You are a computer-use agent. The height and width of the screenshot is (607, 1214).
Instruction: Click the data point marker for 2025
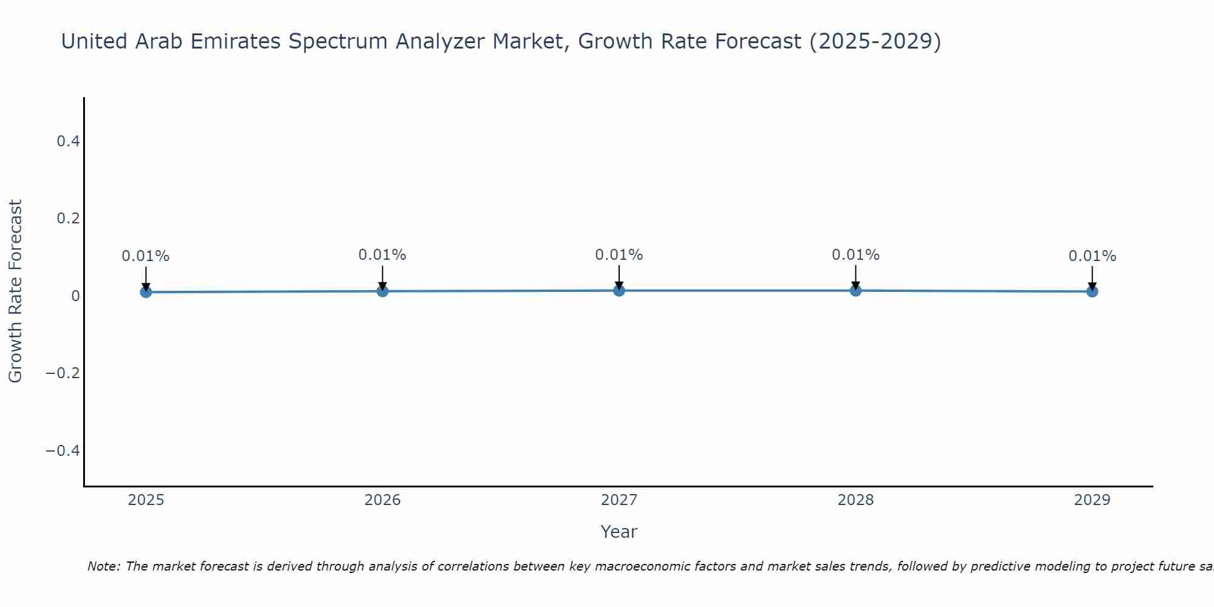coord(146,292)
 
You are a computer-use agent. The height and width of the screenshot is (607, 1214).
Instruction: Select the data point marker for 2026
coord(382,291)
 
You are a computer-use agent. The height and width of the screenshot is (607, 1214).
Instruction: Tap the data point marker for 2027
coord(619,291)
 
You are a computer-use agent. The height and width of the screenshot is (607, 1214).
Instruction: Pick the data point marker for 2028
coord(855,291)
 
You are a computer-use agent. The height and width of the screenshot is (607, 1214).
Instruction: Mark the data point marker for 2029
coord(1092,291)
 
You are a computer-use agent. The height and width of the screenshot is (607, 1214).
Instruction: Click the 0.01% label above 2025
coord(146,256)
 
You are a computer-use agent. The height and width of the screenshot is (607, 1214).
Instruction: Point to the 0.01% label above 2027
coord(619,255)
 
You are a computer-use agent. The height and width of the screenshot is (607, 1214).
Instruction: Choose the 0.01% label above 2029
coord(1092,256)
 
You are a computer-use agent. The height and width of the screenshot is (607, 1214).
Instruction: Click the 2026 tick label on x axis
coord(382,500)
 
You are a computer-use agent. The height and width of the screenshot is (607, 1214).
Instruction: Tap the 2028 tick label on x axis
coord(855,500)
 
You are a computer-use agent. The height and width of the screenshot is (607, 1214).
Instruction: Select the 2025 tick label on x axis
coord(146,500)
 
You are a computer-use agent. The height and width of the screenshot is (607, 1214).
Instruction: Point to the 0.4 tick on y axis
coord(68,141)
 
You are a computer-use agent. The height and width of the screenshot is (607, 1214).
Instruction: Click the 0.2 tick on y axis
coord(68,219)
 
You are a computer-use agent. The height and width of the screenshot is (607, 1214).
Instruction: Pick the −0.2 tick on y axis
coord(63,373)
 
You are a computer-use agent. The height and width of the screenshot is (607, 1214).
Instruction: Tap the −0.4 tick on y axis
coord(63,450)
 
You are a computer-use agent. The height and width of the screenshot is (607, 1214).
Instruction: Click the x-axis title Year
coord(619,532)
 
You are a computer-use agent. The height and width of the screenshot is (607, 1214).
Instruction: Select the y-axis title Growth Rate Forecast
coord(15,291)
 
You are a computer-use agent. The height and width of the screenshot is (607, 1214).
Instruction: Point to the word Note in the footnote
coord(103,566)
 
